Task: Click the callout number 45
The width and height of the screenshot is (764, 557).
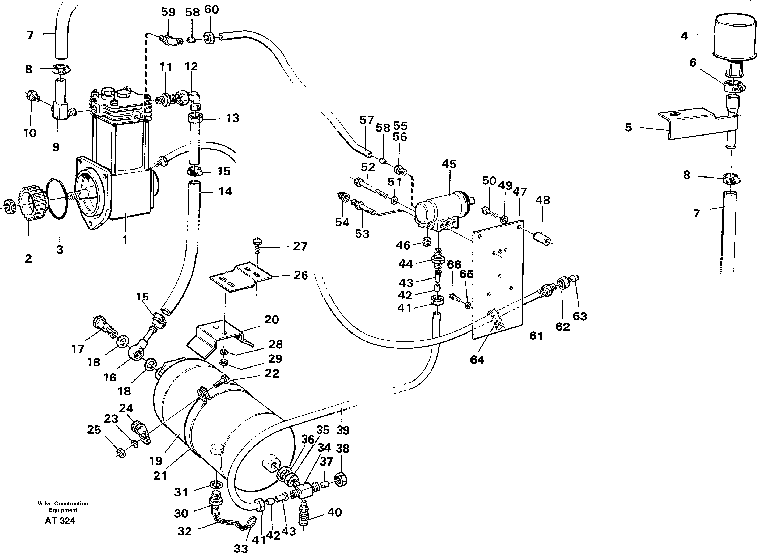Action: pos(449,164)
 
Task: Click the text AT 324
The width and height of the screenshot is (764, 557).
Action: pos(60,521)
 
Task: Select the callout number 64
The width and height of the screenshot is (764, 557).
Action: pos(477,360)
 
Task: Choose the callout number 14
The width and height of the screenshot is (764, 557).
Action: pos(225,192)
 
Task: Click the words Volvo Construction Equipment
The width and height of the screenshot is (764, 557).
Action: pos(63,507)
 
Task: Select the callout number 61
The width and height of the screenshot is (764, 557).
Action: pos(536,336)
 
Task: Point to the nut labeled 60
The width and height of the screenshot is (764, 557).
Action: pos(209,38)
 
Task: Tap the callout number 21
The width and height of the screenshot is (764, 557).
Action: pos(160,476)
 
